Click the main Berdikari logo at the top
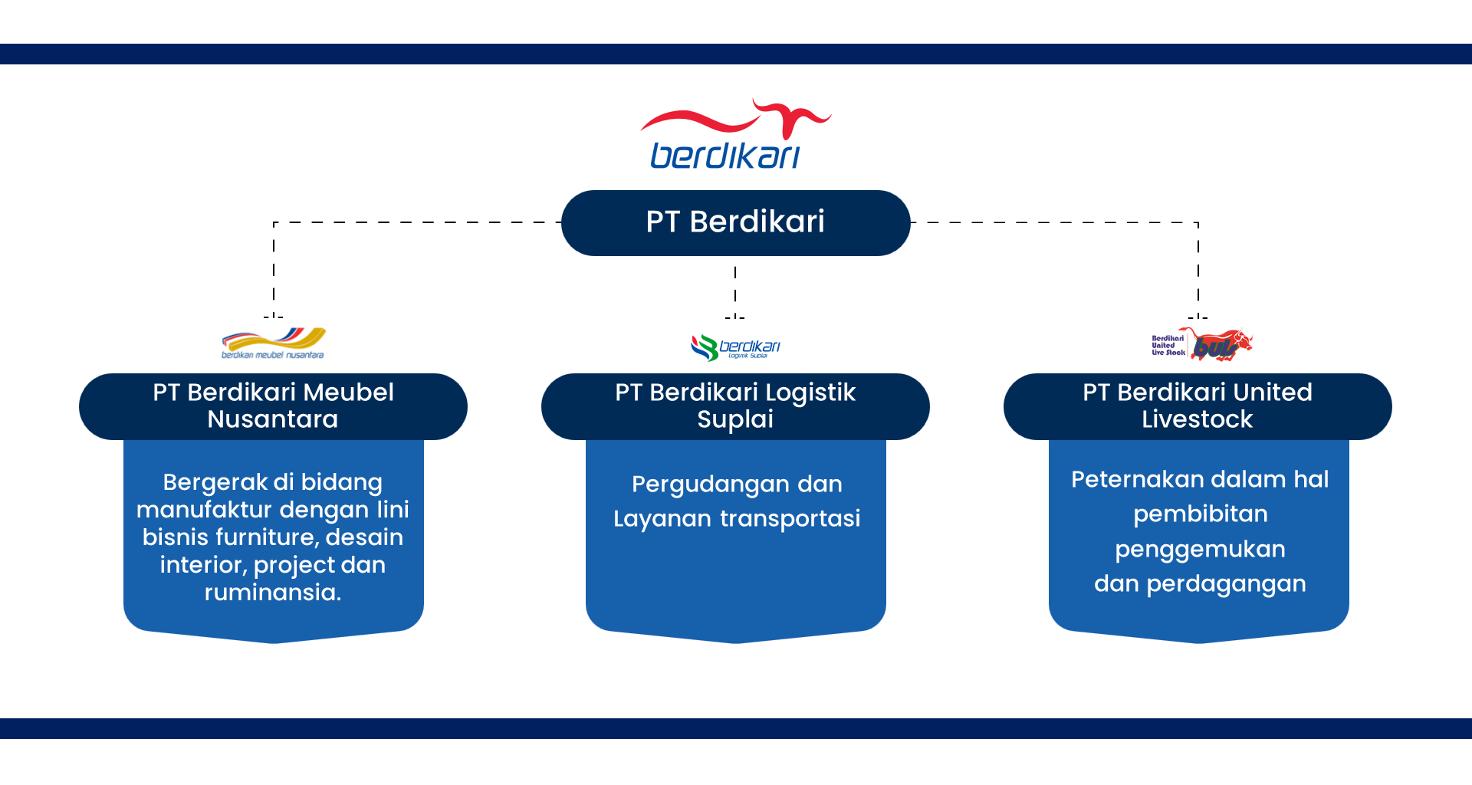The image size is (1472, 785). coord(734,136)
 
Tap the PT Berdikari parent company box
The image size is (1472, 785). coord(735,222)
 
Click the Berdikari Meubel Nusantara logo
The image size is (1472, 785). coord(274,343)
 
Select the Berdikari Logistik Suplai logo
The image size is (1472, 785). coord(735,347)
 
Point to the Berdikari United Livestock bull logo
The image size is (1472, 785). coord(1202,345)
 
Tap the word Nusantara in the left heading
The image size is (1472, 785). coord(273,419)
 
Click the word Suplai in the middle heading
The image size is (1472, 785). coord(735,419)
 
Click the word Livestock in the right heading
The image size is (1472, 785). coord(1197,419)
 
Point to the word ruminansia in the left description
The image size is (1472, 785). coord(273,593)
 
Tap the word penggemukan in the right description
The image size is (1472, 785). coord(1200,550)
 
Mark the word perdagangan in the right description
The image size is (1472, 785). coord(1226,584)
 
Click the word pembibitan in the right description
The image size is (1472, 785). coord(1200,514)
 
